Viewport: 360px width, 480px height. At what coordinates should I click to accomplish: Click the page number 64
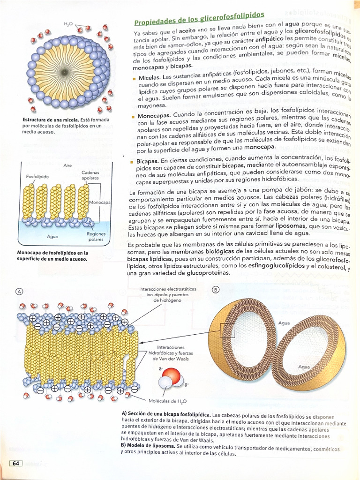tap(16, 464)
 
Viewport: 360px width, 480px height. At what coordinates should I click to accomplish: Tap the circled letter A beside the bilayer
tap(20, 291)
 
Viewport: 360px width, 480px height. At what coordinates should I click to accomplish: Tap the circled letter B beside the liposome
tap(216, 290)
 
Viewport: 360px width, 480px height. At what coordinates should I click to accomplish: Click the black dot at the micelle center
tap(64, 72)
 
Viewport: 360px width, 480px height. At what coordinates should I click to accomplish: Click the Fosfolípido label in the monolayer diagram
tap(37, 177)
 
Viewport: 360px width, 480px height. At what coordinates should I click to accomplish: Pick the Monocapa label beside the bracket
tap(99, 202)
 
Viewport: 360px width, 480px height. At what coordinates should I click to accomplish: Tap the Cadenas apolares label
tap(90, 175)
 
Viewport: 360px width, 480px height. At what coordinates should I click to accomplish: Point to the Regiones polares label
tap(96, 236)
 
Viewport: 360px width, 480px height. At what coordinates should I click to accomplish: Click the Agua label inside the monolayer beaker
tap(52, 237)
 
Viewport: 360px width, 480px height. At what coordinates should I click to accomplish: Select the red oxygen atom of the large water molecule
tap(172, 376)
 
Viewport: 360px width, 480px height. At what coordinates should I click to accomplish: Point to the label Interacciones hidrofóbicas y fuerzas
tap(170, 352)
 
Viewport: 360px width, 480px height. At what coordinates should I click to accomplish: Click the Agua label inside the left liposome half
tap(284, 323)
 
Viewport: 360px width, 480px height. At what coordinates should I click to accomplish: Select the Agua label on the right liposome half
tap(305, 367)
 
